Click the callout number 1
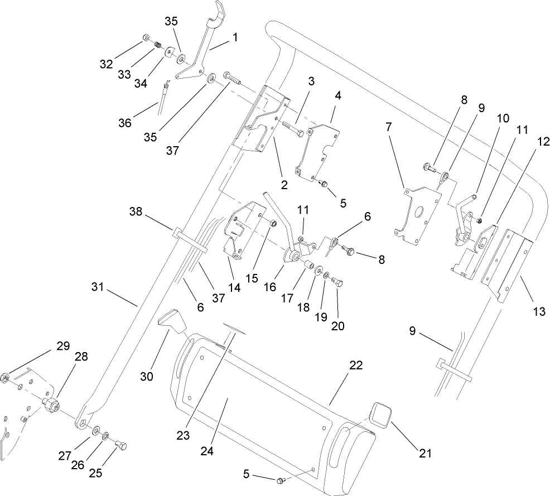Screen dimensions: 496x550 coord(235,38)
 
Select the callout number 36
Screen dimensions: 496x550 coord(125,122)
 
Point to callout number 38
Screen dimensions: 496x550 coord(136,213)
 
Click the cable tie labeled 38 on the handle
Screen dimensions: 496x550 coord(190,239)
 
